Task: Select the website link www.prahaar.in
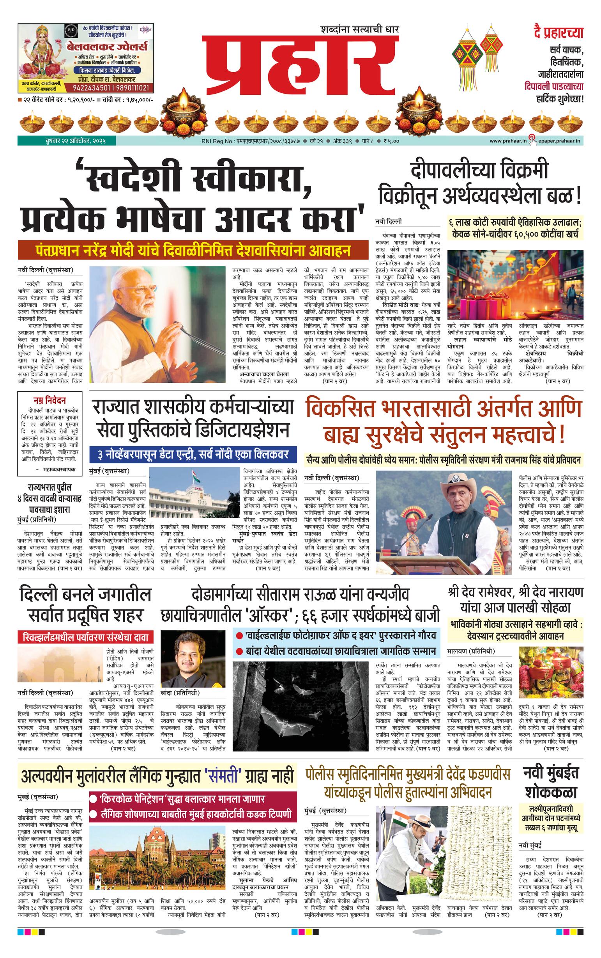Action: click(x=507, y=141)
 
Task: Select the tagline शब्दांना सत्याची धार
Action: click(x=359, y=29)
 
